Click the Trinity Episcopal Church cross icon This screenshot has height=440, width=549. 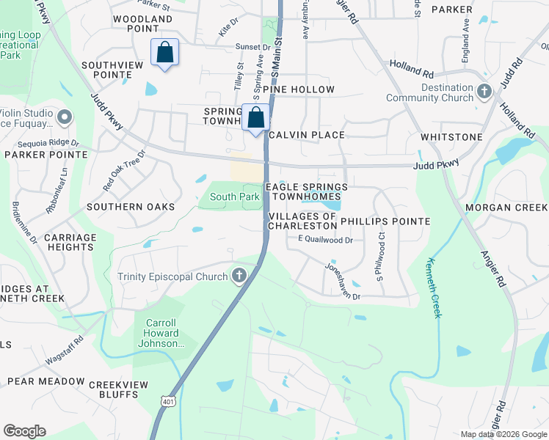pyautogui.click(x=239, y=276)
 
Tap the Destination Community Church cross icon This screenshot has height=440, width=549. pyautogui.click(x=483, y=92)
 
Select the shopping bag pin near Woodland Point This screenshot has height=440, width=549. pyautogui.click(x=164, y=53)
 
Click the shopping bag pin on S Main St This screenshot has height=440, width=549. pyautogui.click(x=256, y=117)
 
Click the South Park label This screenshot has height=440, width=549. pyautogui.click(x=234, y=197)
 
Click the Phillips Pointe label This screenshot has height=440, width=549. pyautogui.click(x=385, y=221)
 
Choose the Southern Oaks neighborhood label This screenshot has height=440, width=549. pyautogui.click(x=131, y=207)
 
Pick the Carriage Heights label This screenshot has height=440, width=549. pyautogui.click(x=70, y=243)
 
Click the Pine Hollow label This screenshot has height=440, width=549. pyautogui.click(x=302, y=89)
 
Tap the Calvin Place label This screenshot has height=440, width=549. pyautogui.click(x=307, y=135)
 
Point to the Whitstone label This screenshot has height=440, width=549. pyautogui.click(x=451, y=137)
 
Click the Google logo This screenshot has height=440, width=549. pyautogui.click(x=24, y=431)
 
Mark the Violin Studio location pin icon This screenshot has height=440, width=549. pyautogui.click(x=65, y=117)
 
